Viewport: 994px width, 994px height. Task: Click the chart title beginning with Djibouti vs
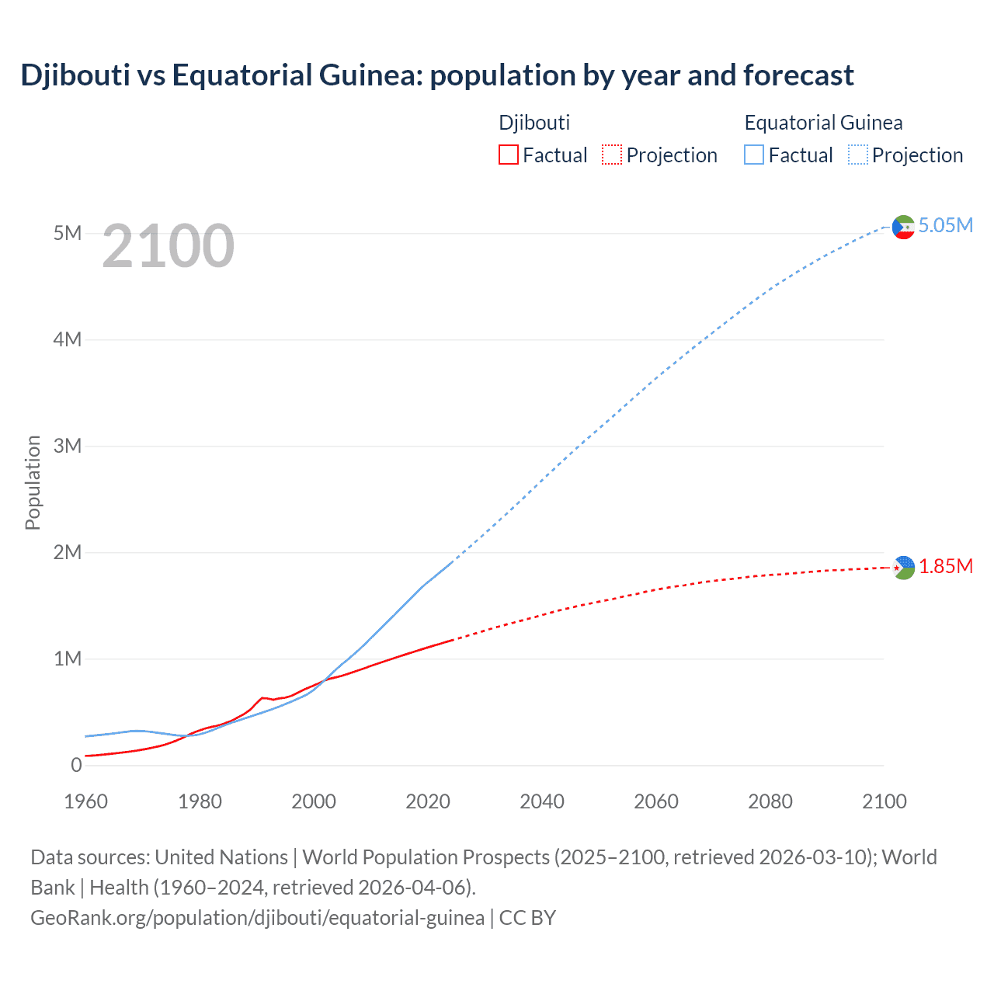click(x=436, y=75)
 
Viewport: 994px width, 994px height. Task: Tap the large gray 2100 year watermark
click(x=168, y=246)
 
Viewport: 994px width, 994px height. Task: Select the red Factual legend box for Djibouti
click(x=508, y=155)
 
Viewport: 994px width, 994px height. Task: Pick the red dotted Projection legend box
click(x=612, y=155)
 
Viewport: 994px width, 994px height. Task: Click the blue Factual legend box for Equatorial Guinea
click(x=754, y=155)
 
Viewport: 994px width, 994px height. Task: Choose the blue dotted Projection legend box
click(x=857, y=155)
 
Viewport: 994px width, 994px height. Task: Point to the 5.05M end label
click(x=945, y=225)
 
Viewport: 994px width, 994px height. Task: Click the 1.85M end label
click(x=945, y=566)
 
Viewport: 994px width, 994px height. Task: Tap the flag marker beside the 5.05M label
click(x=903, y=227)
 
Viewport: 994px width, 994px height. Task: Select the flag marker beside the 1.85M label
click(x=903, y=568)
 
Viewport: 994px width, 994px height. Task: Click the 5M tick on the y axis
click(x=67, y=233)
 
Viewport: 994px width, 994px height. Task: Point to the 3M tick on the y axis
click(x=67, y=446)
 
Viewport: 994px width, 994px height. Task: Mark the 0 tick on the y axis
click(x=76, y=765)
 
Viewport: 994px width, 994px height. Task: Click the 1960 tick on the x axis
click(x=85, y=801)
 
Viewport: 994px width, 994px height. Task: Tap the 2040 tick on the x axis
click(x=542, y=801)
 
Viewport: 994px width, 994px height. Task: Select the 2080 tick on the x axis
click(x=770, y=801)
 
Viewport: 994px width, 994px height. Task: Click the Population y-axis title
click(x=33, y=482)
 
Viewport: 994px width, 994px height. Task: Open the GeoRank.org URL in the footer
click(x=257, y=918)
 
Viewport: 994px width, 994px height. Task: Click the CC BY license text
click(x=527, y=918)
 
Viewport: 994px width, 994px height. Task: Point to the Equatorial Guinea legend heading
click(x=823, y=123)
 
